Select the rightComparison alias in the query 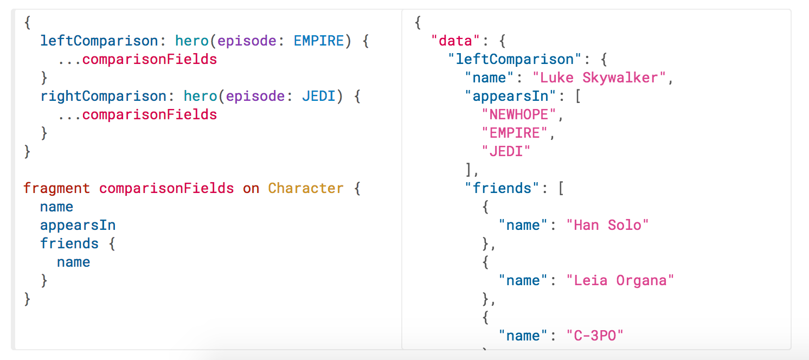(x=103, y=96)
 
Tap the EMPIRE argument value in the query (x=319, y=41)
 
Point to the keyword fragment (x=57, y=188)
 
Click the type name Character (x=306, y=188)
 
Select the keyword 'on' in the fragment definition (x=251, y=188)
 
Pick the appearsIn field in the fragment (x=78, y=225)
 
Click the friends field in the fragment (x=69, y=243)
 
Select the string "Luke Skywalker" (x=599, y=78)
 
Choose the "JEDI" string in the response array (x=506, y=151)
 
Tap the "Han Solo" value (x=607, y=225)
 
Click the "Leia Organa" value (x=620, y=280)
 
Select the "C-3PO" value (x=595, y=336)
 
